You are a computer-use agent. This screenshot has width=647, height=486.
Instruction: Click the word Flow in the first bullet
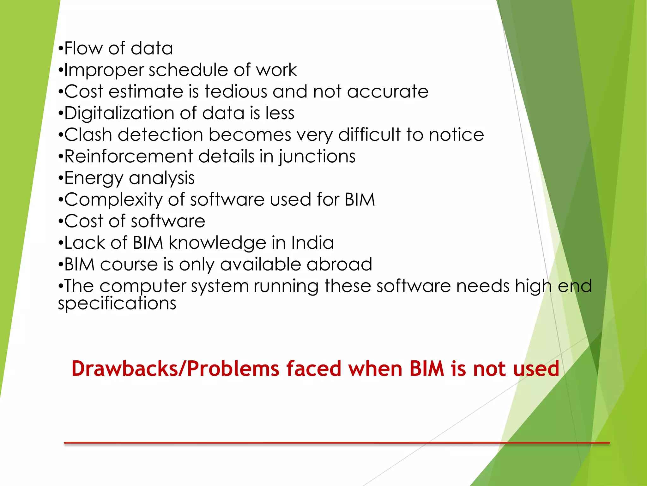tap(83, 48)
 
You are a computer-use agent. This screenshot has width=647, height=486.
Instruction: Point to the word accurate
tap(388, 92)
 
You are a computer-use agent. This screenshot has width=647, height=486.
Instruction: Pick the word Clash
tap(88, 135)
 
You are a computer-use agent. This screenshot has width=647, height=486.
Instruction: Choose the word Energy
tap(93, 178)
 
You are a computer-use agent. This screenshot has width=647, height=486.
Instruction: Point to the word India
tap(312, 243)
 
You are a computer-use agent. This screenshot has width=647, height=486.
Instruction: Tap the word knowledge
tap(218, 243)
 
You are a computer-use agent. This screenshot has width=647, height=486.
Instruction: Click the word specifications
tap(117, 304)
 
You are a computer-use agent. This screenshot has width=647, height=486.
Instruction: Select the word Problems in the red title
tap(233, 369)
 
